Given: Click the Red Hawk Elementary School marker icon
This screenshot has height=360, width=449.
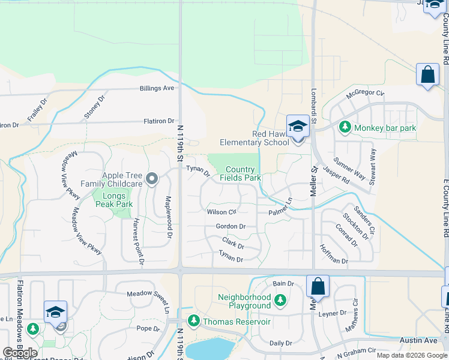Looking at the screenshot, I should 297,127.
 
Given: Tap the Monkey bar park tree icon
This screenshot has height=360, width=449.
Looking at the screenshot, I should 345,127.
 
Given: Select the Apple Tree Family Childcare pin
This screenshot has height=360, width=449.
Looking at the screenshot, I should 152,178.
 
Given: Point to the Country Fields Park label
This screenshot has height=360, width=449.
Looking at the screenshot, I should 240,173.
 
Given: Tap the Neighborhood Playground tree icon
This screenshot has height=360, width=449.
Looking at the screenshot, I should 280,299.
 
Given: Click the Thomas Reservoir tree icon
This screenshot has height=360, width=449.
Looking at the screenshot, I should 194,322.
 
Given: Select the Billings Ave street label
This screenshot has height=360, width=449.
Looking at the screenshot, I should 157,88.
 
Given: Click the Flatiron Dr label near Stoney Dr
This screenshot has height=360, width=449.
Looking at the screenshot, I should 158,121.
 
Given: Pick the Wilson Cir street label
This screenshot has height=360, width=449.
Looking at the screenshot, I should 222,212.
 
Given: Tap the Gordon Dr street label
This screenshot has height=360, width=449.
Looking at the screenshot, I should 231,226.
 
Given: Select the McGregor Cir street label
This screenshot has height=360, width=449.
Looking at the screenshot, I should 365,92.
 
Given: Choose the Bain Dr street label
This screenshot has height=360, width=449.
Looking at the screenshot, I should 283,283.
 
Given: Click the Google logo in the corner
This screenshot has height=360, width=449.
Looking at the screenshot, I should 20,352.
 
